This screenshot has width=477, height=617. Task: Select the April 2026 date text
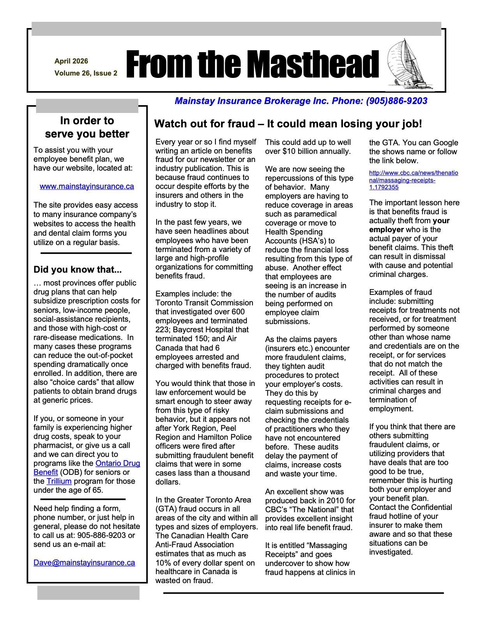point(71,61)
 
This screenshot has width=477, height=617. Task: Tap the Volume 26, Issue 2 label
point(86,73)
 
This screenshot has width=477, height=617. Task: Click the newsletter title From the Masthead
point(253,64)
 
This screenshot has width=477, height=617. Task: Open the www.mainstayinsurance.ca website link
point(87,187)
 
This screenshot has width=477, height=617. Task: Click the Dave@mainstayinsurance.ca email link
point(84,563)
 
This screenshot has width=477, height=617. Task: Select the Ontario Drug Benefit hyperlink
point(118,464)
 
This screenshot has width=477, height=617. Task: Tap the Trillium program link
point(59,481)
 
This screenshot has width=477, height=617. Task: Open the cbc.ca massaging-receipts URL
point(413,180)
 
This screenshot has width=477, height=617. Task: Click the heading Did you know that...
point(78,270)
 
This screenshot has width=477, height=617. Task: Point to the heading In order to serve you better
point(87,127)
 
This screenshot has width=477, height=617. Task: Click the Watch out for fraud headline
point(288,124)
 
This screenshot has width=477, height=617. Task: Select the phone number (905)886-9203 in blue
point(396,101)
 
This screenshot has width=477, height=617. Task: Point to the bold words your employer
point(409,225)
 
